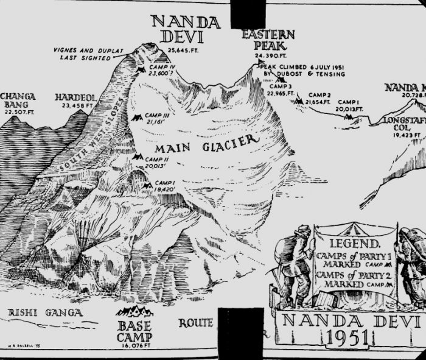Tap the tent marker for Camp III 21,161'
tap(135, 117)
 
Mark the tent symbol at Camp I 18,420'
tap(147, 185)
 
